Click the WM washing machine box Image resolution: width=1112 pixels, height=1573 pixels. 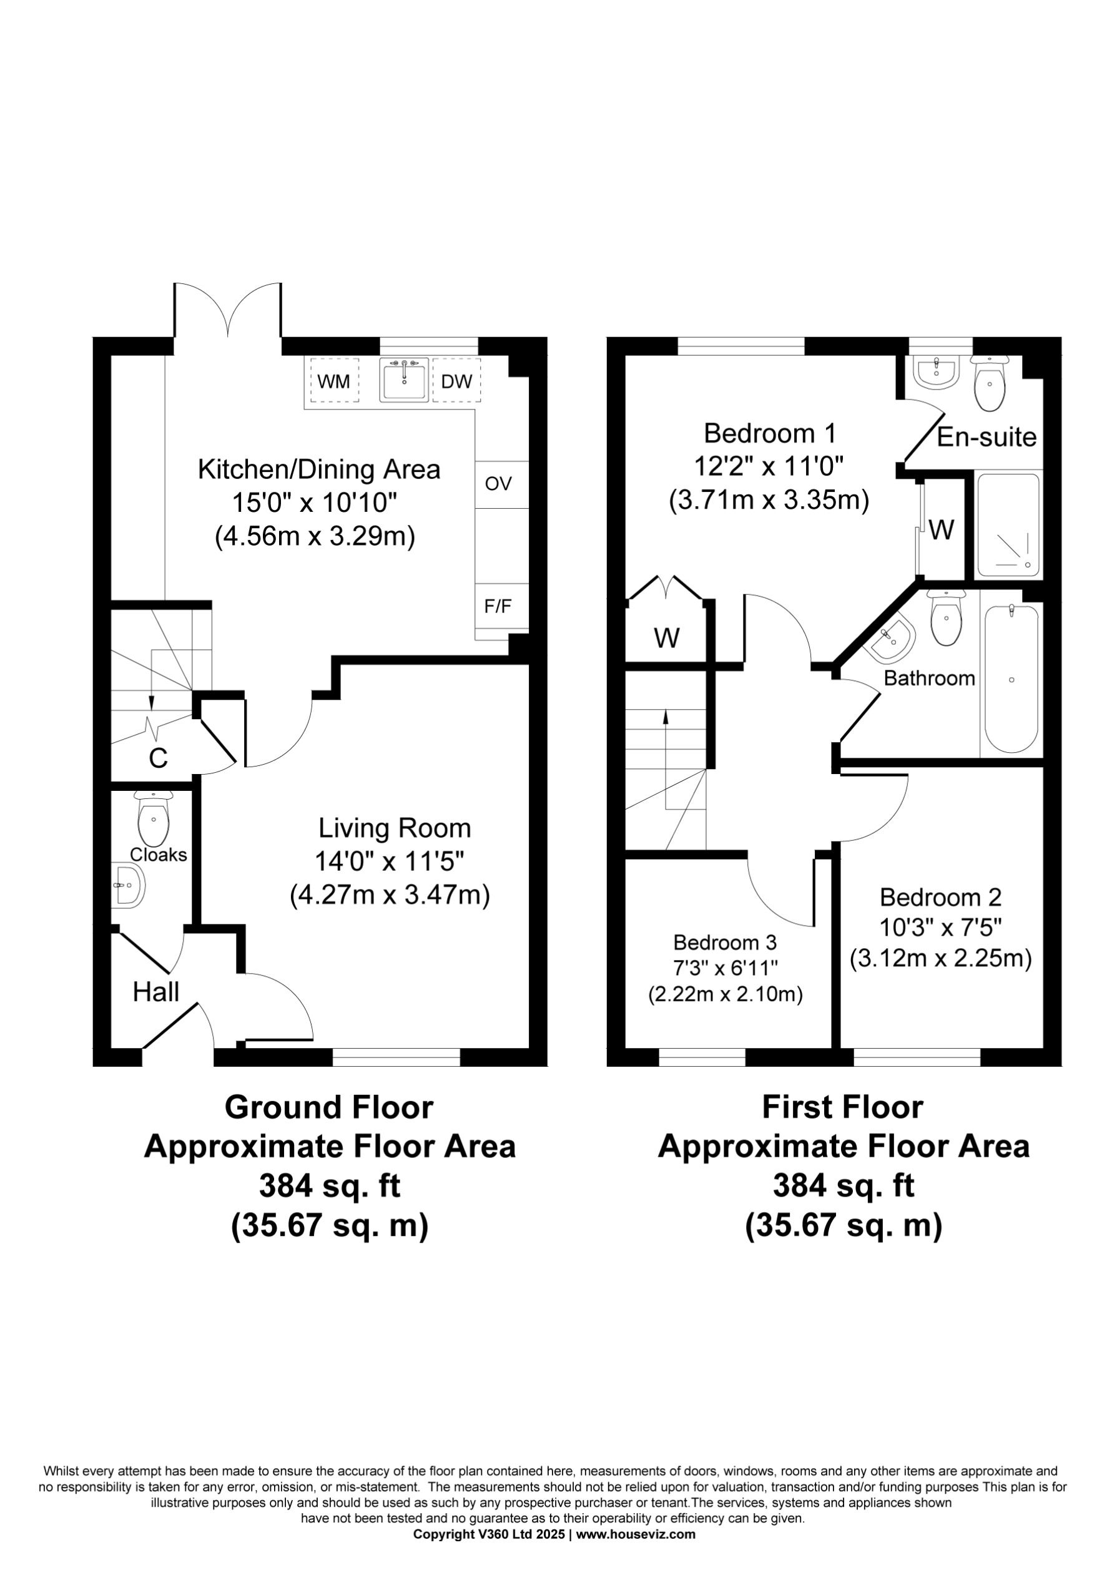[x=333, y=381]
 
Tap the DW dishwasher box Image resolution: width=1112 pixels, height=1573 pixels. [x=456, y=381]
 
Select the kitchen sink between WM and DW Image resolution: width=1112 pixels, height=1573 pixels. [x=403, y=380]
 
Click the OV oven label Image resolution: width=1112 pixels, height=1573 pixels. [x=498, y=484]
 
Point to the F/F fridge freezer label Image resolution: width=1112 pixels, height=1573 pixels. [x=498, y=606]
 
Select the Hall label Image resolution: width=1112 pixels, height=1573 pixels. [x=156, y=991]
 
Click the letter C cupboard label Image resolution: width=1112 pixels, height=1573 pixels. [x=158, y=758]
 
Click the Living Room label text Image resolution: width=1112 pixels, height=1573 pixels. [x=395, y=828]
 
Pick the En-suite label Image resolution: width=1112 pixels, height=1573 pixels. [x=986, y=437]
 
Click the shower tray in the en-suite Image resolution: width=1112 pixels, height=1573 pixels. [x=1007, y=526]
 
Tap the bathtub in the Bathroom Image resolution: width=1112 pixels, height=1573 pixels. [x=1011, y=680]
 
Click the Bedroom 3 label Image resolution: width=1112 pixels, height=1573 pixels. [x=725, y=943]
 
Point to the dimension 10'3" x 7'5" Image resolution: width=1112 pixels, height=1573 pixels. [x=940, y=928]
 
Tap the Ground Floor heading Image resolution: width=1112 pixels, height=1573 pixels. [x=329, y=1108]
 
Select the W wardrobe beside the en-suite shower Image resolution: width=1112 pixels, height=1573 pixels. [x=942, y=529]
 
